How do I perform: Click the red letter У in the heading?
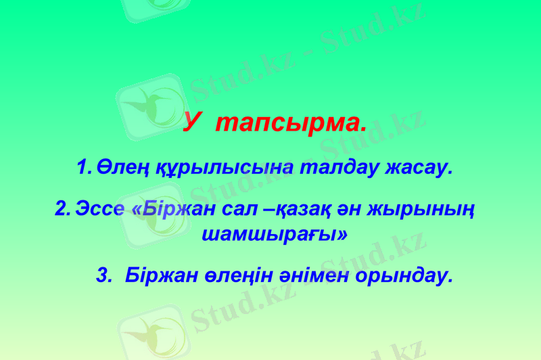193,123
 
